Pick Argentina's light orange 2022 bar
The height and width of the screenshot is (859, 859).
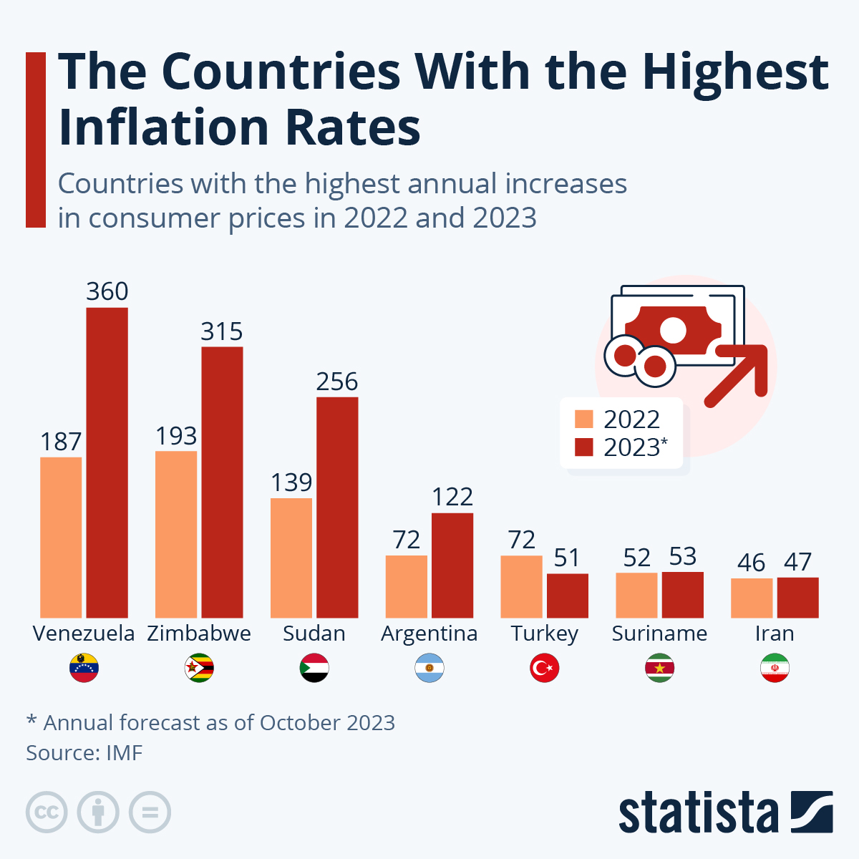pyautogui.click(x=407, y=586)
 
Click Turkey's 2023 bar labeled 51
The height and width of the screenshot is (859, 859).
pyautogui.click(x=568, y=596)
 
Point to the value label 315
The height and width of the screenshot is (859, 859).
pyautogui.click(x=222, y=331)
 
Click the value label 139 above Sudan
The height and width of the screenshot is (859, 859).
pyautogui.click(x=291, y=482)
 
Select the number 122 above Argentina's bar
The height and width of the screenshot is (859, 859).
pyautogui.click(x=452, y=497)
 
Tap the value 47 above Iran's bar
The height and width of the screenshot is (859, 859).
pyautogui.click(x=797, y=562)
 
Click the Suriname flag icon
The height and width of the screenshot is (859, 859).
pyautogui.click(x=659, y=669)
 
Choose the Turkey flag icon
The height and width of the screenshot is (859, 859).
pyautogui.click(x=544, y=669)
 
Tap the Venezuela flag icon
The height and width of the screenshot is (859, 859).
pyautogui.click(x=84, y=669)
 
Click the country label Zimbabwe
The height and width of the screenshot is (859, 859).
pyautogui.click(x=199, y=634)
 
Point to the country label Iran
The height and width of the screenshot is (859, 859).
pyautogui.click(x=775, y=634)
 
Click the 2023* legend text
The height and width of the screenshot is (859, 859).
pyautogui.click(x=635, y=447)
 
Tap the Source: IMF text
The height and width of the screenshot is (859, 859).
pyautogui.click(x=84, y=753)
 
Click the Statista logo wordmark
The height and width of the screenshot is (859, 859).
pyautogui.click(x=698, y=813)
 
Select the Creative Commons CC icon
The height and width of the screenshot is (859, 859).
pyautogui.click(x=47, y=812)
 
